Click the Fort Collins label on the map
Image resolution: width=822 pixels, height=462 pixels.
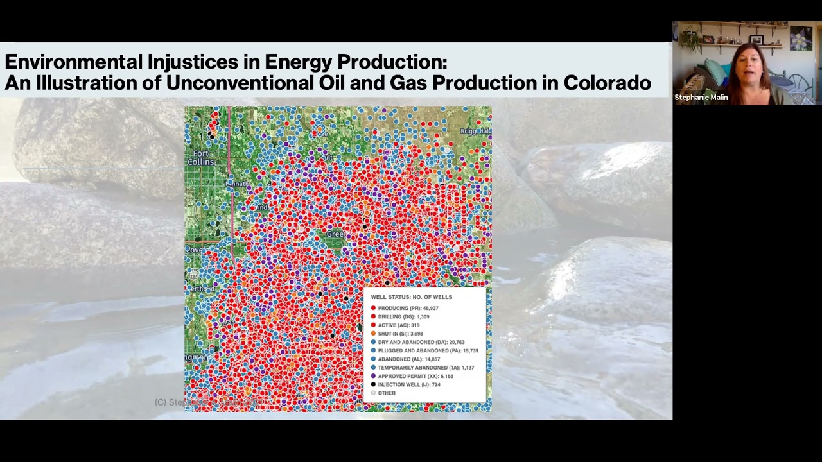(200, 158)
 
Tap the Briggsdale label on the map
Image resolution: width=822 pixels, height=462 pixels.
(475, 131)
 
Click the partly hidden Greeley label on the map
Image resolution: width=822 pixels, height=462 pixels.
(335, 235)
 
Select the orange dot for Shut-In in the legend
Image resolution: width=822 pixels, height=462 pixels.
(373, 334)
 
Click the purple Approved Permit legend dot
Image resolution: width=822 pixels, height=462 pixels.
(373, 376)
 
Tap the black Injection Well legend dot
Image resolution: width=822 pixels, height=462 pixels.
(373, 384)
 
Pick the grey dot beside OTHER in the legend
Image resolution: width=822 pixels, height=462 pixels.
(373, 393)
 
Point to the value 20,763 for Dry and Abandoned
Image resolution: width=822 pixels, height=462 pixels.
(453, 342)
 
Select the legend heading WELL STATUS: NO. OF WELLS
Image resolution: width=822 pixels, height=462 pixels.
(411, 297)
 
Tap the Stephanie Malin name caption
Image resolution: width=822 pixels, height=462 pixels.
(701, 98)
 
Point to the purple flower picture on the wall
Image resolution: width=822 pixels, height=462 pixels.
(800, 38)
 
